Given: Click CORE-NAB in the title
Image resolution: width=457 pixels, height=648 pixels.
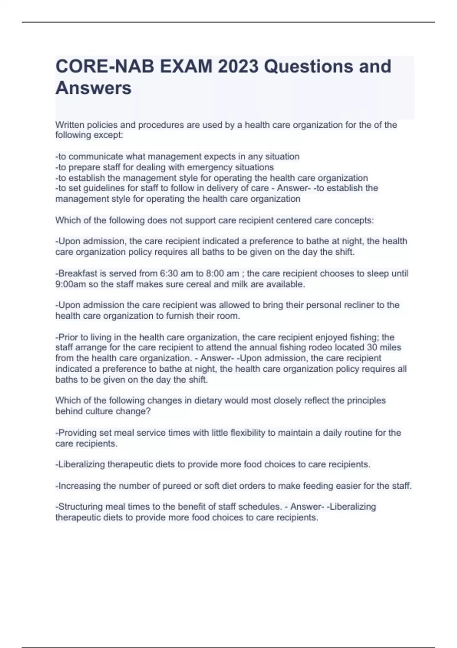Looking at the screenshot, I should [x=104, y=67].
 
